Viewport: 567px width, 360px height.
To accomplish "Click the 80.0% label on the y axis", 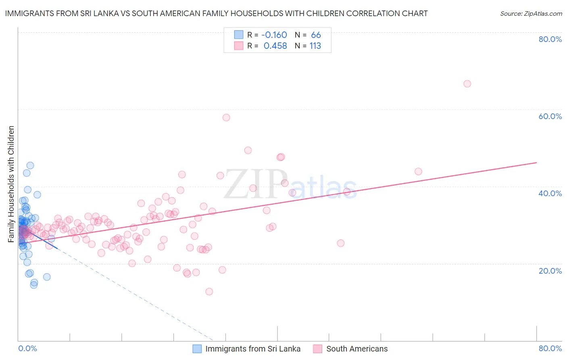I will click(550, 39).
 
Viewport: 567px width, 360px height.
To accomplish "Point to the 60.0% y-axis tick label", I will click(550, 116).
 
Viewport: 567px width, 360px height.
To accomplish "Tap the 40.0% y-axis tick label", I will click(550, 193).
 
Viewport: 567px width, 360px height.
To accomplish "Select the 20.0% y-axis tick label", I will click(550, 271).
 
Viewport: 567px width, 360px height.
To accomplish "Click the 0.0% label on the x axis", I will click(27, 348).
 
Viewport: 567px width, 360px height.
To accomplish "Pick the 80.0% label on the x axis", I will click(550, 348).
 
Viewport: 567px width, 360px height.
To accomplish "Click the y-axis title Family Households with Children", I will click(11, 184).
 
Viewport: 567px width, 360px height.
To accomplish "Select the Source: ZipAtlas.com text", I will click(531, 14).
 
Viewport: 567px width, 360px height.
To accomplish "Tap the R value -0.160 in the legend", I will click(274, 35).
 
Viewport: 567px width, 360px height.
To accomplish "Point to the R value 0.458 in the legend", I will click(275, 46).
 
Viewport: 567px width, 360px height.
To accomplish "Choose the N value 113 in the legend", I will click(315, 46).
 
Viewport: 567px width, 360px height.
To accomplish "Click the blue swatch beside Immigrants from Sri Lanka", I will click(197, 349).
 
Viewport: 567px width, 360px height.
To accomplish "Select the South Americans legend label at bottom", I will click(357, 349).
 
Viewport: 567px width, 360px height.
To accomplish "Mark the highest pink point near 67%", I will click(467, 84).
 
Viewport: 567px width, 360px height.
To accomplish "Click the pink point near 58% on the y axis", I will click(226, 117).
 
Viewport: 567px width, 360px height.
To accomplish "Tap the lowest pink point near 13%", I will click(209, 291).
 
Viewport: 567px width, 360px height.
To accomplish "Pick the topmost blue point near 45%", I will click(30, 165).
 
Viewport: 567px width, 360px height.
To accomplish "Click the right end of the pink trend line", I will click(536, 163).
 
